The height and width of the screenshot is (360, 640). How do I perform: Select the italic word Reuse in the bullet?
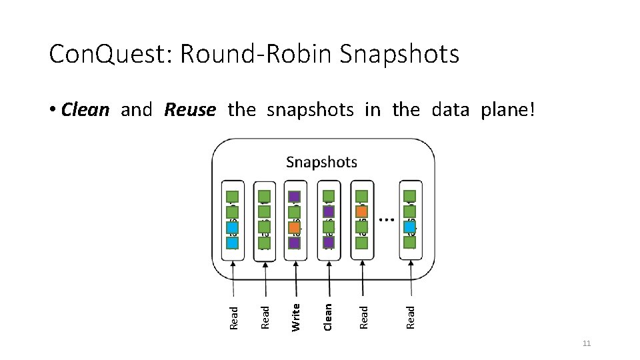coord(190,109)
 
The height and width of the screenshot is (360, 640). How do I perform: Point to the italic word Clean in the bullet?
coord(85,109)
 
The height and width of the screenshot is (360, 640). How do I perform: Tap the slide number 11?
coord(587,343)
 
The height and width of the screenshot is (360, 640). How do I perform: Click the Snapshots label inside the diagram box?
coord(321,162)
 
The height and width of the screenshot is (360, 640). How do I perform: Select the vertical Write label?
coord(297,316)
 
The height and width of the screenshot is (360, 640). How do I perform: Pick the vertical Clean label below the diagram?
coord(327,316)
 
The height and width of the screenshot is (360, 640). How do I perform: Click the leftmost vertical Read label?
coord(233,317)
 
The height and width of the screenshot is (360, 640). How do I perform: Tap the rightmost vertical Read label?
coord(411,316)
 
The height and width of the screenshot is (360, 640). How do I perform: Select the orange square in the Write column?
coord(294,227)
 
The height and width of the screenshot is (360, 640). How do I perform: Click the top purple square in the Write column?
coord(294,197)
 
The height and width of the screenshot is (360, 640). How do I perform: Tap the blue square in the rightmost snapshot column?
coord(410,227)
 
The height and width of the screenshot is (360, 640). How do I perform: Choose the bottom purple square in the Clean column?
coord(328,243)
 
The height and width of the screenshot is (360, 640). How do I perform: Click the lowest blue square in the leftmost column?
coord(232,243)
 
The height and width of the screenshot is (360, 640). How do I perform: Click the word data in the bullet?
coord(451,109)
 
